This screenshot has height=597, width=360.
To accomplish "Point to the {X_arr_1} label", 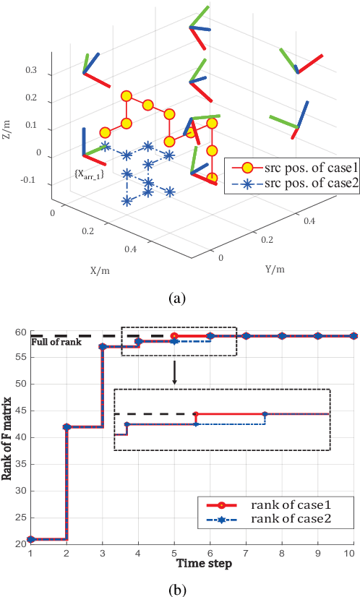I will coord(89,173).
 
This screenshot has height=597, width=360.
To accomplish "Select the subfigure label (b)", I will coord(178,589).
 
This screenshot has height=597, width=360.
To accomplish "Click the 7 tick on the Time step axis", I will coord(246,552).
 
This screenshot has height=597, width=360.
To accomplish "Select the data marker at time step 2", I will coord(67,427).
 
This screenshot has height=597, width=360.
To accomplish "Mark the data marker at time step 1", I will coord(30,539).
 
